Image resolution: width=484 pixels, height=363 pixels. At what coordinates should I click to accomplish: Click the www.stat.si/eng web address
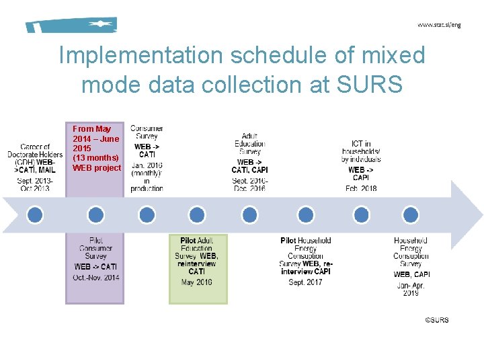[x=439, y=25]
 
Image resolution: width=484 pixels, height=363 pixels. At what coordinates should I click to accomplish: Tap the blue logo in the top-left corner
[x=71, y=25]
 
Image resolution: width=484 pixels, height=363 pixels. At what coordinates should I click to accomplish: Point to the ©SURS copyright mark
[x=436, y=320]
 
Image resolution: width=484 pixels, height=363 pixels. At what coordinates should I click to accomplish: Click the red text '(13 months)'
[x=95, y=158]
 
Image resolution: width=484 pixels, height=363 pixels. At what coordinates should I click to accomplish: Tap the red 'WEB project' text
[x=97, y=168]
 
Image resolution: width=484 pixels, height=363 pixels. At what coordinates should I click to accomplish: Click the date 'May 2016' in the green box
[x=197, y=282]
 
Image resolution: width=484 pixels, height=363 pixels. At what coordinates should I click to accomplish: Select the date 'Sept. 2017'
[x=305, y=282]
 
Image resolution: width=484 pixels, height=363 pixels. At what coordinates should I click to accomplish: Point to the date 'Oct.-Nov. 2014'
[x=95, y=277]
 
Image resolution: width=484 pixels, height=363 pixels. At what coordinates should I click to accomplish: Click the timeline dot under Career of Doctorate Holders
[x=35, y=214]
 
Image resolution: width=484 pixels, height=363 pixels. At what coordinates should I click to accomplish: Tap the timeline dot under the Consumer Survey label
[x=147, y=214]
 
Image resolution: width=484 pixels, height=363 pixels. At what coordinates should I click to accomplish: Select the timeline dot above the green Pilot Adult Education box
[x=197, y=214]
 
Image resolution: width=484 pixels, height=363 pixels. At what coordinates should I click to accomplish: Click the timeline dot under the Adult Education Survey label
[x=249, y=214]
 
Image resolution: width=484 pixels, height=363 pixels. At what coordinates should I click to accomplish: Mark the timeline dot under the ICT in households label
[x=362, y=214]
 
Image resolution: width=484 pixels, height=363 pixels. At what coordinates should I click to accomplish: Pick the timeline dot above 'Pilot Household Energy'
[x=306, y=214]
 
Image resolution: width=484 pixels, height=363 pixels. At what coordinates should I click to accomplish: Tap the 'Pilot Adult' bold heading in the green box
[x=197, y=241]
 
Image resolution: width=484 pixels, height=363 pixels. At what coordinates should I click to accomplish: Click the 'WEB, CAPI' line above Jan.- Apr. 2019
[x=411, y=274]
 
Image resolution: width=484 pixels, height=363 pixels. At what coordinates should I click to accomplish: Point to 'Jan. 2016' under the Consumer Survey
[x=147, y=165]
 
